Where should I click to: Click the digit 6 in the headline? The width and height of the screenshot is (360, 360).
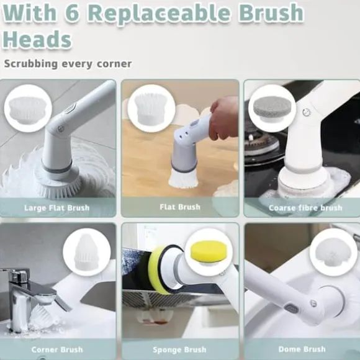(72, 13)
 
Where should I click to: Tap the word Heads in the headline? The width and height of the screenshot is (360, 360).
(37, 39)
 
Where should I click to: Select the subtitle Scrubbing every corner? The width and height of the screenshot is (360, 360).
(68, 63)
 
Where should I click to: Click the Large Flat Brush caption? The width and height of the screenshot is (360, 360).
(57, 208)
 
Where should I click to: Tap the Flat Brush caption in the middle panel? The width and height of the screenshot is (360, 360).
(180, 207)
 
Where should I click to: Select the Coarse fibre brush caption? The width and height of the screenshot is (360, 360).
(305, 208)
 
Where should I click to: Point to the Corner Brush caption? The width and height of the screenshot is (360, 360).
(57, 349)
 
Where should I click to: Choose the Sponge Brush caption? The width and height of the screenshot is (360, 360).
(179, 349)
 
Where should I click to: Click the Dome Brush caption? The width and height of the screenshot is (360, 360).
(302, 349)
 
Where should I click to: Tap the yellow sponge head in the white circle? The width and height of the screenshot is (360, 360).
(209, 252)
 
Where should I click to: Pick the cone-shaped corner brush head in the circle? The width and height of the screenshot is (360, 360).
(86, 252)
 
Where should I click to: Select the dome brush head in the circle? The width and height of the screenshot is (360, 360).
(331, 253)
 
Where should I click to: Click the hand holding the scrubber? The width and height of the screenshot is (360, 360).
(224, 118)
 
